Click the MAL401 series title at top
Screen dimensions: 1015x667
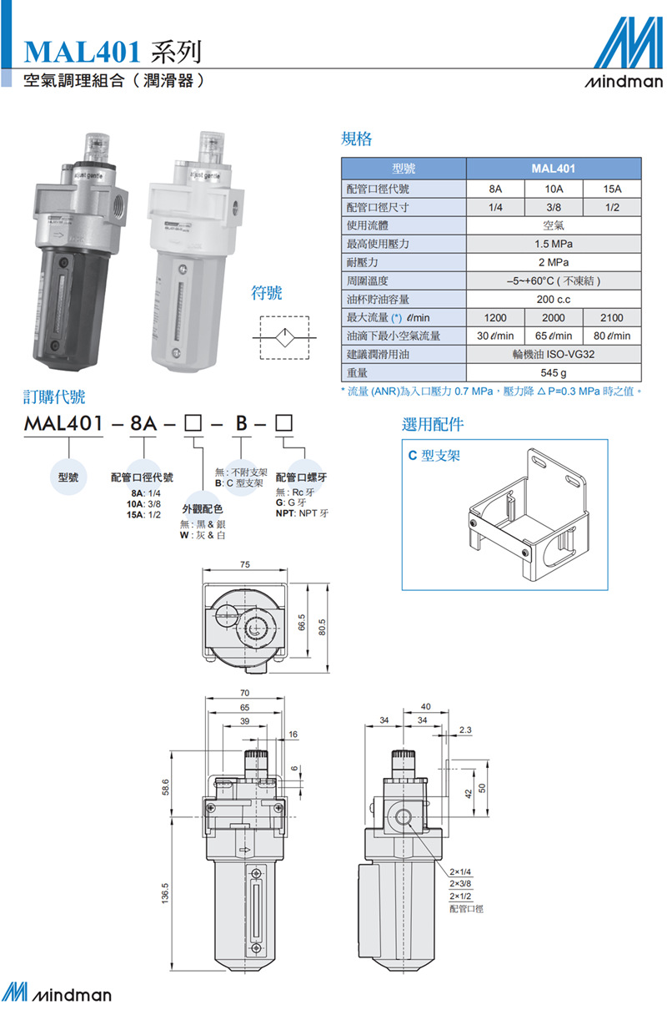(113, 53)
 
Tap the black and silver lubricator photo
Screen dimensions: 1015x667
(79, 250)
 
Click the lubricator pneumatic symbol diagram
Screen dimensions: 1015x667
(284, 337)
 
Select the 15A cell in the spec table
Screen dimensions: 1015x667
(611, 189)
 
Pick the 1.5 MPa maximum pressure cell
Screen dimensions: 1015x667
(553, 245)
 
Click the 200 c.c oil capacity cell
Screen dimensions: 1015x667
(553, 299)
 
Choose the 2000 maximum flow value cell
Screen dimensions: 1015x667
(553, 317)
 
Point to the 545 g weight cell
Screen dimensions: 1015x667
(553, 372)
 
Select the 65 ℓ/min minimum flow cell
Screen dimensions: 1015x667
(553, 336)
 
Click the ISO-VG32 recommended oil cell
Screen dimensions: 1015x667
(553, 354)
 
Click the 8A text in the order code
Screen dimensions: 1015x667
(142, 423)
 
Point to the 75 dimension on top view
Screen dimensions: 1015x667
(244, 565)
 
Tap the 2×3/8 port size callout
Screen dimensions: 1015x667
(460, 883)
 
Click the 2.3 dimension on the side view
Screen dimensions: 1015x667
(465, 730)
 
